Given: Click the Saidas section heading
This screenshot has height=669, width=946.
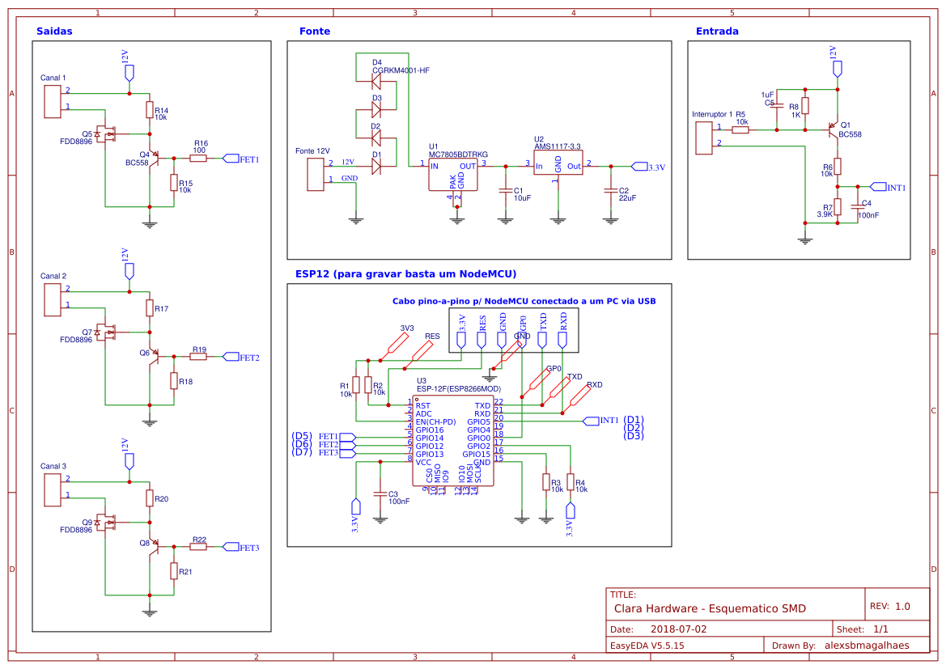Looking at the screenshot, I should [54, 32].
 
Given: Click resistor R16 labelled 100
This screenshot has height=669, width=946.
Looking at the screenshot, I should [198, 159].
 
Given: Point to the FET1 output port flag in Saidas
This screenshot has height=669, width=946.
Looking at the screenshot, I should [231, 159].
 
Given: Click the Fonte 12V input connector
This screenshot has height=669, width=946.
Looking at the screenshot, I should [316, 175].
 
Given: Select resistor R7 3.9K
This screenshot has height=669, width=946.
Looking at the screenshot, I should [838, 207].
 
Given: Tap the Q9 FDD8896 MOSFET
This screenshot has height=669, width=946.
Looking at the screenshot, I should [105, 523].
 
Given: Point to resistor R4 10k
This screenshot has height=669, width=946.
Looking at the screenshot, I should [571, 483].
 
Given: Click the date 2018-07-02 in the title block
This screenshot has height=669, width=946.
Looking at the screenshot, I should [678, 629].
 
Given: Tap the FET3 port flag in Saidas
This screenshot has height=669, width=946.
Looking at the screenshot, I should [231, 547].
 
